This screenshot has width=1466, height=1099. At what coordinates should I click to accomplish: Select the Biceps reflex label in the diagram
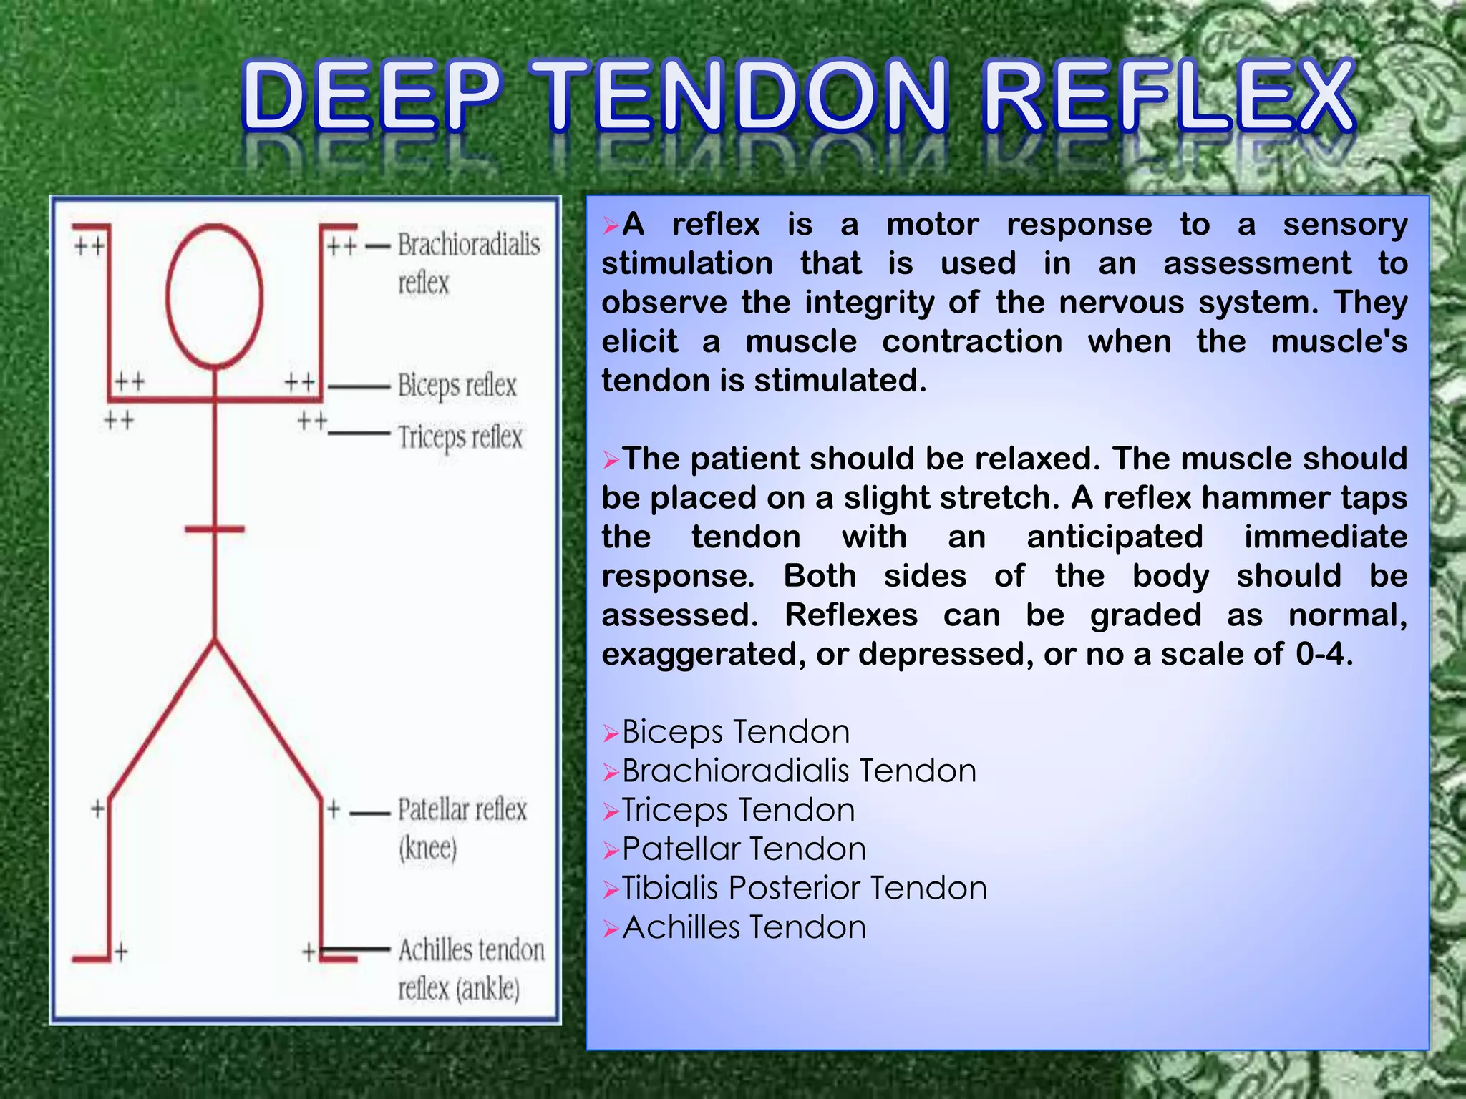pos(457,386)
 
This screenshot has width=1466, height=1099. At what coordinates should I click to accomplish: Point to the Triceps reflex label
pos(460,437)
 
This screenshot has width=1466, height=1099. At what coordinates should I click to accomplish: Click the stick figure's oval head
pos(214,295)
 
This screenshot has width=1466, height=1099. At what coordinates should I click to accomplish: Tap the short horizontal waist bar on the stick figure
pos(214,529)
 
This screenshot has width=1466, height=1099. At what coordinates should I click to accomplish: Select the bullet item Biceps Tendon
pos(735,732)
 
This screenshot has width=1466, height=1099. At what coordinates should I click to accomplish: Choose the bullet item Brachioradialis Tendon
pos(798,771)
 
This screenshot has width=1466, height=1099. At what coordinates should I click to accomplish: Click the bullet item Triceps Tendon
pos(738,810)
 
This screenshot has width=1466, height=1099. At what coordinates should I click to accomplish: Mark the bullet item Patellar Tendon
pos(744,849)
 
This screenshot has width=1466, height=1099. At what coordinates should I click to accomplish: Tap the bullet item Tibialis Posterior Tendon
pos(804,888)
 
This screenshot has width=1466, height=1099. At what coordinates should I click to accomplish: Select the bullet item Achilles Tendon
pos(744,927)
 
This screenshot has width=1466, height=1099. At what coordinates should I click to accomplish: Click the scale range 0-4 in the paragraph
pos(1321,654)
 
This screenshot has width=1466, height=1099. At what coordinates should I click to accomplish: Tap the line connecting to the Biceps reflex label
pos(358,387)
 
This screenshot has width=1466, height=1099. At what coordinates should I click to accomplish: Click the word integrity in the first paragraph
pos(869,303)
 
